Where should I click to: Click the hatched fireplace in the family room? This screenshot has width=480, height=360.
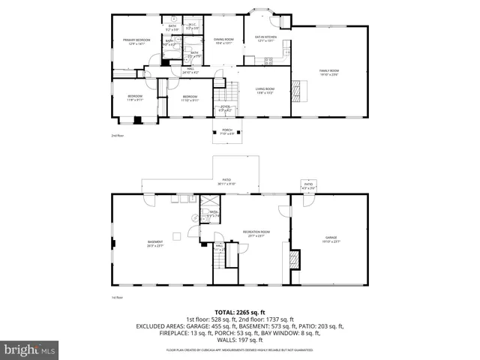tap(298, 89)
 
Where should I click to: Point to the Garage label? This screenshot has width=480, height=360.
tap(331, 239)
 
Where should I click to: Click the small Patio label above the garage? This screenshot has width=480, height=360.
tap(307, 185)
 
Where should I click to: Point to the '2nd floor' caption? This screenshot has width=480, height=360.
tap(117, 136)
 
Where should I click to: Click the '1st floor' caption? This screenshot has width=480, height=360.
tap(117, 297)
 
